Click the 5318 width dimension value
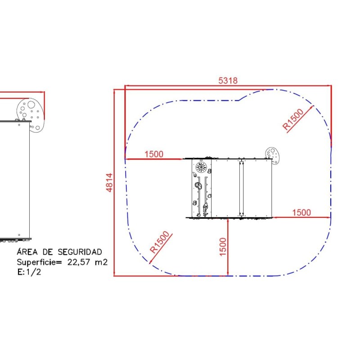click(x=228, y=81)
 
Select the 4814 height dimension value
click(x=110, y=183)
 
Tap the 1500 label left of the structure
click(x=154, y=154)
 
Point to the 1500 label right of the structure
click(x=301, y=212)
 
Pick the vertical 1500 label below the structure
click(x=223, y=247)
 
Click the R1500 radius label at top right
click(x=293, y=119)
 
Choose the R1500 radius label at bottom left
click(x=160, y=242)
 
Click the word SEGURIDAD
click(x=80, y=252)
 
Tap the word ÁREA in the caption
click(x=27, y=252)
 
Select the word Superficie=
click(x=39, y=262)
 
